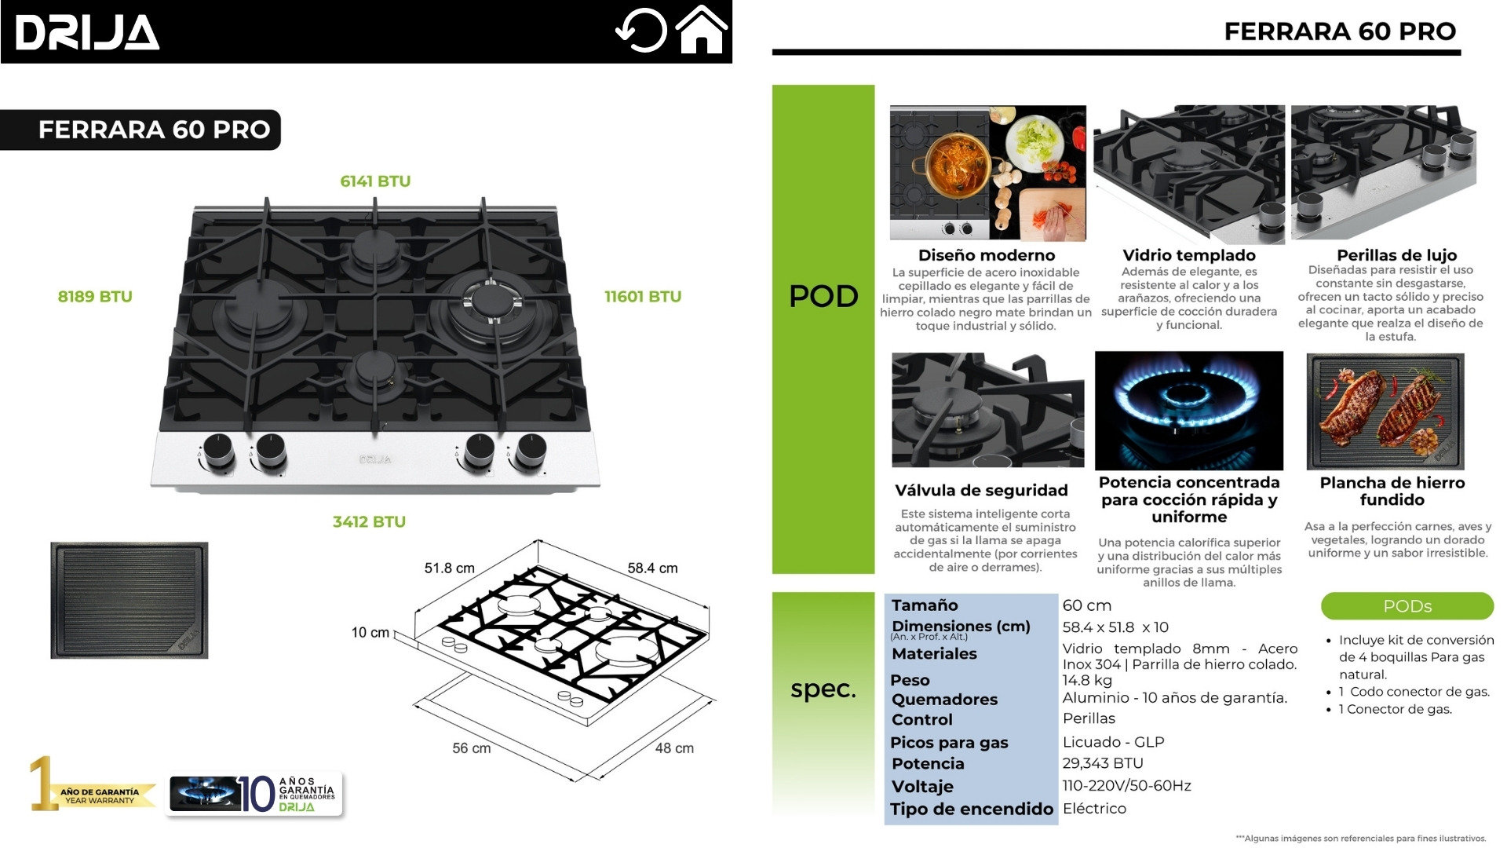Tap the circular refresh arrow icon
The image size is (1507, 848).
tap(640, 31)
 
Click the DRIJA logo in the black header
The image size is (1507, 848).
tap(87, 33)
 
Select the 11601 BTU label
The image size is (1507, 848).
tap(642, 297)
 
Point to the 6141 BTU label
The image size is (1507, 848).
tap(375, 181)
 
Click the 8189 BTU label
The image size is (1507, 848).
tap(95, 297)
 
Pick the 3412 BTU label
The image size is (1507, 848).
tap(369, 522)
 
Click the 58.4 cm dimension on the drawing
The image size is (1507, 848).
tap(652, 568)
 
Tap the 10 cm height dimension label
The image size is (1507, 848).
tap(370, 633)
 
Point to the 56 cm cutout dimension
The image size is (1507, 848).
tap(471, 748)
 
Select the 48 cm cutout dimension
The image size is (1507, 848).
tap(674, 748)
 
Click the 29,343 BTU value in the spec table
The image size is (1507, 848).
tap(1102, 763)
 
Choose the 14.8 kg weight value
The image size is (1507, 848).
tap(1087, 680)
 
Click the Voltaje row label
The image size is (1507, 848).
tap(922, 787)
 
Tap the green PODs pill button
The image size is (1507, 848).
tap(1407, 606)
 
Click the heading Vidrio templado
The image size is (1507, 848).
tap(1188, 255)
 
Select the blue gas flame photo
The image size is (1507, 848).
tap(1188, 410)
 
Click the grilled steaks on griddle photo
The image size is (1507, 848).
tap(1385, 411)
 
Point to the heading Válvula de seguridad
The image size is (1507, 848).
tap(981, 491)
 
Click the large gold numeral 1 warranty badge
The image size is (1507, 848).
tap(42, 783)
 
